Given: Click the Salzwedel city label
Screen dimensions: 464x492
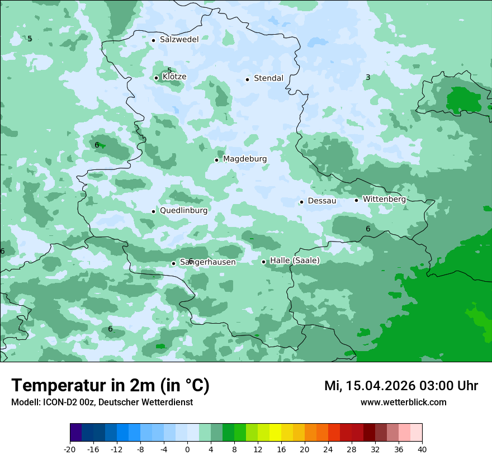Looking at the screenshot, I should point(179,40).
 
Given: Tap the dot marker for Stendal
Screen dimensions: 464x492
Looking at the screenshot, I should point(247,79).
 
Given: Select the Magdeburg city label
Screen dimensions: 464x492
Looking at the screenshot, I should point(245,159).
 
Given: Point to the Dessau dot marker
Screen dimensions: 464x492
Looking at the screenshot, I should point(301,202).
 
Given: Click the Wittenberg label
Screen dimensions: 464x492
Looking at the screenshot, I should point(384,200).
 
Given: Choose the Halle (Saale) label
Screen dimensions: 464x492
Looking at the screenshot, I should point(295,261).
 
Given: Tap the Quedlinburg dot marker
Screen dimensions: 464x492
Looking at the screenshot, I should point(153,211).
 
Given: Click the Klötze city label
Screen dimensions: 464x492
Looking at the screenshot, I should point(174,77).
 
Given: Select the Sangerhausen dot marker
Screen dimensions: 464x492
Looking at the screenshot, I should point(173,263).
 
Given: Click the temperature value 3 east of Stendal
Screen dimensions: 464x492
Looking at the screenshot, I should point(368,78).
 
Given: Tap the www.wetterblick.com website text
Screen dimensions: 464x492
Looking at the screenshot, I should point(403,403).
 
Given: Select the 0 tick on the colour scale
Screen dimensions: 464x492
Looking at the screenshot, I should point(187,449).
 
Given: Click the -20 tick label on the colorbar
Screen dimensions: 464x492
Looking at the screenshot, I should point(70,449).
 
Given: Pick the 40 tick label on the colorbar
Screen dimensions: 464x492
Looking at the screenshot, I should point(422,449).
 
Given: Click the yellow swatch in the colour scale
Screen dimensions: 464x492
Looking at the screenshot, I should point(275,433).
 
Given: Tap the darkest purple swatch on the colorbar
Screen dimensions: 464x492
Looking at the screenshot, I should point(75,433).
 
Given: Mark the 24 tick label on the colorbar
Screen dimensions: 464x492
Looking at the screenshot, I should point(328,449).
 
